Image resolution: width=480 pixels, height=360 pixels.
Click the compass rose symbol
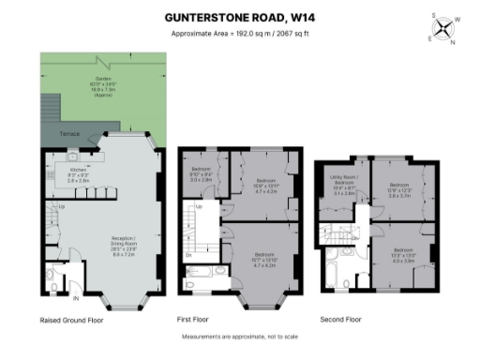click(x=443, y=28)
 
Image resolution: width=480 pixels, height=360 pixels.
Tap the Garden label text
click(x=97, y=84)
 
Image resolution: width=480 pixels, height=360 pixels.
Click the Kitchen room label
click(x=78, y=172)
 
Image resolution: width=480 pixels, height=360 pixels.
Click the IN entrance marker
click(x=74, y=299)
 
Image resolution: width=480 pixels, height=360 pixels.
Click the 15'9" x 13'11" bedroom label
click(x=265, y=185)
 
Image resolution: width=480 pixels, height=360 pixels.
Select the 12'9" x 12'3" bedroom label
click(x=399, y=191)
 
